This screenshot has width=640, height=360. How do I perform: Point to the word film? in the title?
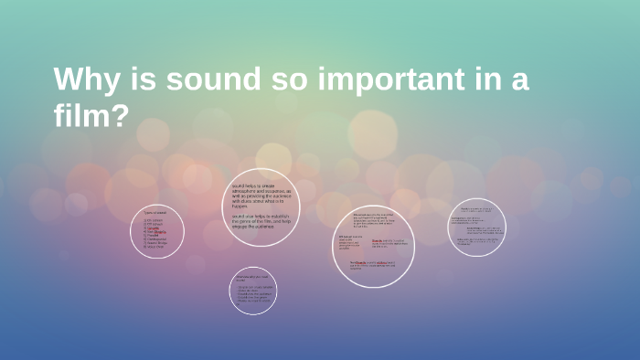pyautogui.click(x=91, y=116)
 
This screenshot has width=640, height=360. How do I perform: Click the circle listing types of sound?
pyautogui.click(x=157, y=231)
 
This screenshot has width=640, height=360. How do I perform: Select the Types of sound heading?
pyautogui.click(x=155, y=213)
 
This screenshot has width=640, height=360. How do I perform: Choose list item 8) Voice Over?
pyautogui.click(x=154, y=247)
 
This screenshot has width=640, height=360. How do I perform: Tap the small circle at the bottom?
pyautogui.click(x=253, y=291)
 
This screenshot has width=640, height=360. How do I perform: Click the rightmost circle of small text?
pyautogui.click(x=477, y=227)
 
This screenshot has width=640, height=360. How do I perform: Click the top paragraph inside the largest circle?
pyautogui.click(x=374, y=223)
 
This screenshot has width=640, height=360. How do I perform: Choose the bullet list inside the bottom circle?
pyautogui.click(x=254, y=298)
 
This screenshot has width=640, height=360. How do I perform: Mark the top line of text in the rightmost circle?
pyautogui.click(x=476, y=209)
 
